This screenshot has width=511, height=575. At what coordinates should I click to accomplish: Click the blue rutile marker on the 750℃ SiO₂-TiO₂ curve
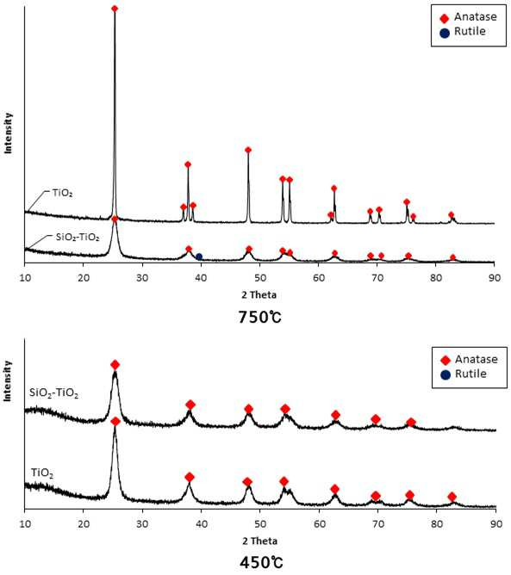[x=199, y=257]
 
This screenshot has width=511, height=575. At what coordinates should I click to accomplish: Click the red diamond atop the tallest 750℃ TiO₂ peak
[x=115, y=9]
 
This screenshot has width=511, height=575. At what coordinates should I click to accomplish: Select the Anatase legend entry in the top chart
[x=469, y=17]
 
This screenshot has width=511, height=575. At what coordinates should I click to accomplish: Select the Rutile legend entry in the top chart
[x=463, y=32]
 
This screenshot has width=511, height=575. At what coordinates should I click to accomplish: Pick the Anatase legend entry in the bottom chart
[x=469, y=360]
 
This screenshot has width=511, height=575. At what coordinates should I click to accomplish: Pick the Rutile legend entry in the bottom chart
[x=464, y=374]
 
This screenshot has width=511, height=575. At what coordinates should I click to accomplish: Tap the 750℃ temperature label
[x=260, y=318]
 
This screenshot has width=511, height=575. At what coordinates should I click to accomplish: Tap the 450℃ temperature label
[x=261, y=563]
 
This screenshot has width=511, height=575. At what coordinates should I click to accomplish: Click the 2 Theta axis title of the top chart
[x=259, y=295]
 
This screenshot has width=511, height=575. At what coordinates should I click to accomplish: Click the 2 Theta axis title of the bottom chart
[x=260, y=541]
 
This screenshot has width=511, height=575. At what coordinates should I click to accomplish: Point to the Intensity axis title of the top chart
[x=8, y=133]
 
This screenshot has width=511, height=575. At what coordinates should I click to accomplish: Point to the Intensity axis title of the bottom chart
[x=8, y=380]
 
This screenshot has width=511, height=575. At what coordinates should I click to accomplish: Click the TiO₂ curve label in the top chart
[x=62, y=194]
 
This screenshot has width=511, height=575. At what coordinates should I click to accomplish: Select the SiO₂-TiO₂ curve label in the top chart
[x=78, y=238]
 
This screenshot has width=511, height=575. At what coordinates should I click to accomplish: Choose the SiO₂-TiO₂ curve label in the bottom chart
[x=53, y=393]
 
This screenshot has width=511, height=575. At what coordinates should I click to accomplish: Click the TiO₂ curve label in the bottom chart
[x=42, y=473]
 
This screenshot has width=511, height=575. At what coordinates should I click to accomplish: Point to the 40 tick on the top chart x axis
[x=201, y=278]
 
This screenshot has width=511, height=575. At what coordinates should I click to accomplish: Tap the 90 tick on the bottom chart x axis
[x=496, y=524]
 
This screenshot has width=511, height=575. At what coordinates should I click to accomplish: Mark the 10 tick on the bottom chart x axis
[x=25, y=524]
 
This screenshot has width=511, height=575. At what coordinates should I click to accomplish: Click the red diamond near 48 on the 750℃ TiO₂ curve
[x=248, y=150]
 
